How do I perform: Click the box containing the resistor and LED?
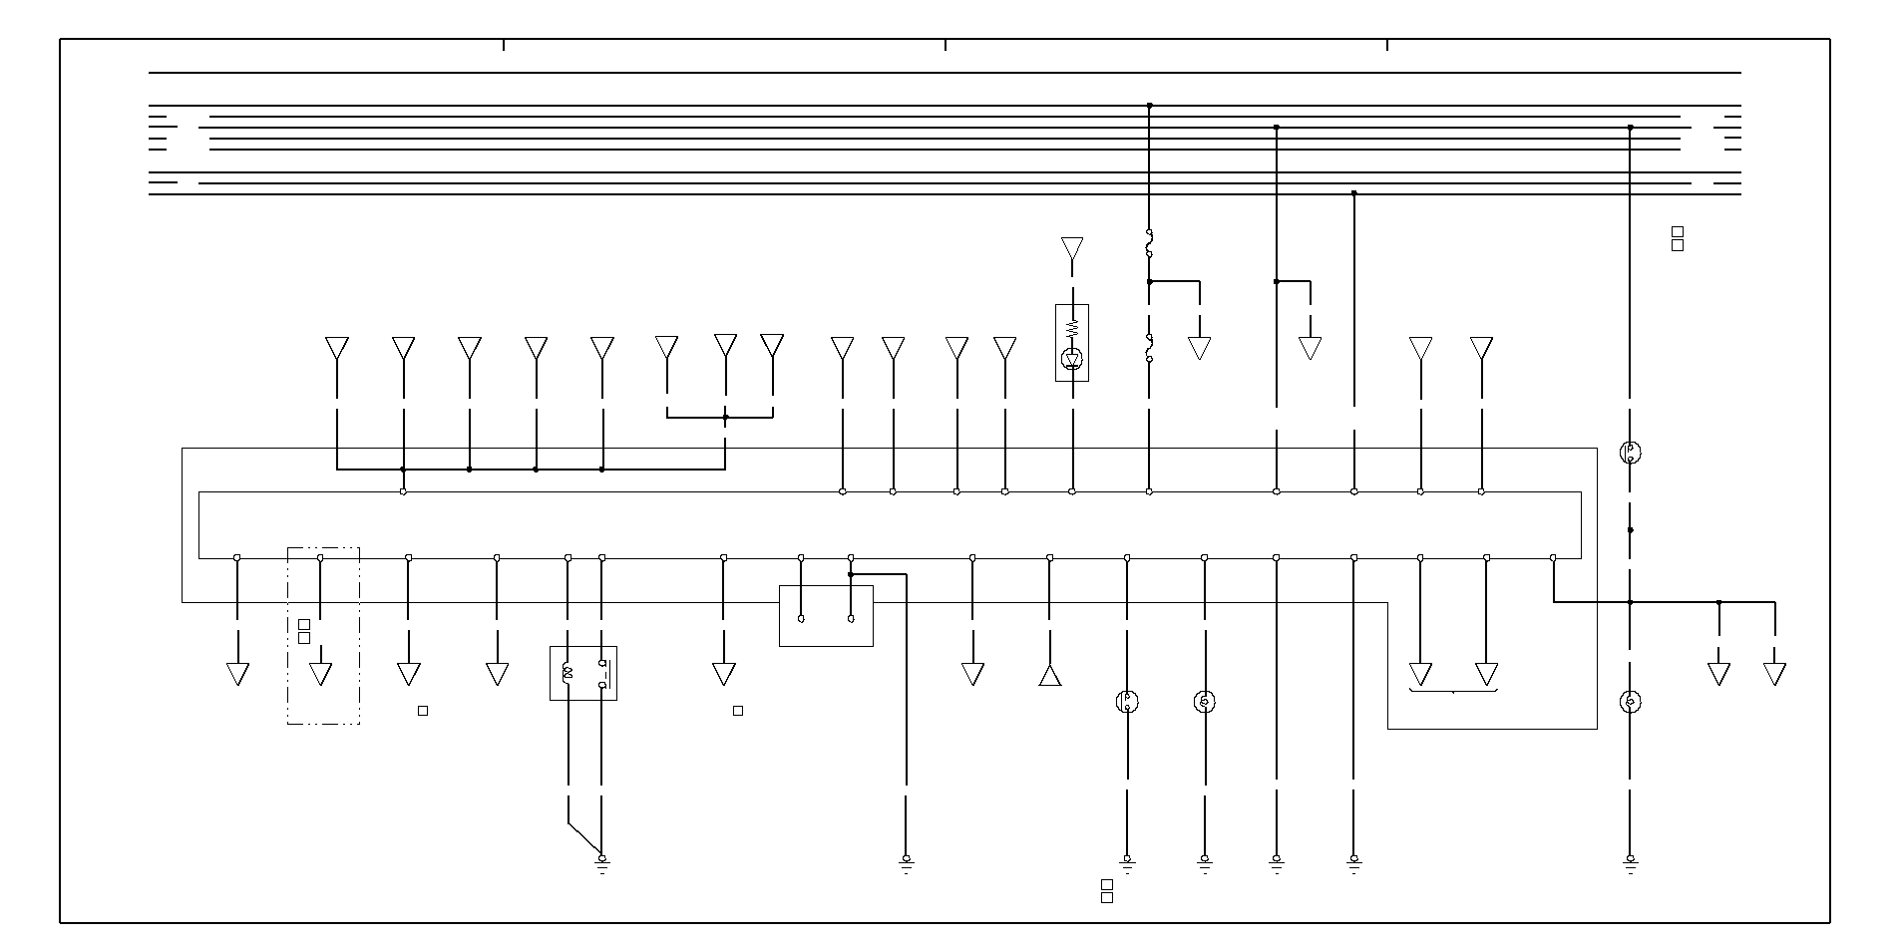(x=1072, y=343)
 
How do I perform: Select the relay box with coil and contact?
(x=583, y=673)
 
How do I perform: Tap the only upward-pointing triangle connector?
(x=1049, y=676)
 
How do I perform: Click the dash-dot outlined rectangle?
(x=323, y=636)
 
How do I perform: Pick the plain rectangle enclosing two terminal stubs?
(x=826, y=616)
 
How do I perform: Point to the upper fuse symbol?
(x=1149, y=242)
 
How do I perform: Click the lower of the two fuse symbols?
(x=1149, y=348)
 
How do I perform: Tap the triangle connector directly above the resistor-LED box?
(x=1072, y=247)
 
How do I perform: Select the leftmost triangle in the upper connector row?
(x=337, y=348)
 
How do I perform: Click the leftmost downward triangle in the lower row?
(x=237, y=674)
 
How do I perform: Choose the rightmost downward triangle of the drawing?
(x=1774, y=674)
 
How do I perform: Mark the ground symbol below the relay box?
(x=602, y=862)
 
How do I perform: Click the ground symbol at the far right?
(x=1631, y=862)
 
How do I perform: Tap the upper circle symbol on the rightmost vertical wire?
(x=1631, y=453)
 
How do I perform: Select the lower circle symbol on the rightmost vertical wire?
(x=1631, y=702)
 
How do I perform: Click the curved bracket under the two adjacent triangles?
(x=1453, y=690)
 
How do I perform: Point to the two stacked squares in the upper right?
(x=1678, y=239)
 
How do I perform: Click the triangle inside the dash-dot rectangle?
(x=320, y=674)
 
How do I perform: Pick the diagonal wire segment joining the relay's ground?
(x=584, y=839)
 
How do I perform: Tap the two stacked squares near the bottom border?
(x=1107, y=891)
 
